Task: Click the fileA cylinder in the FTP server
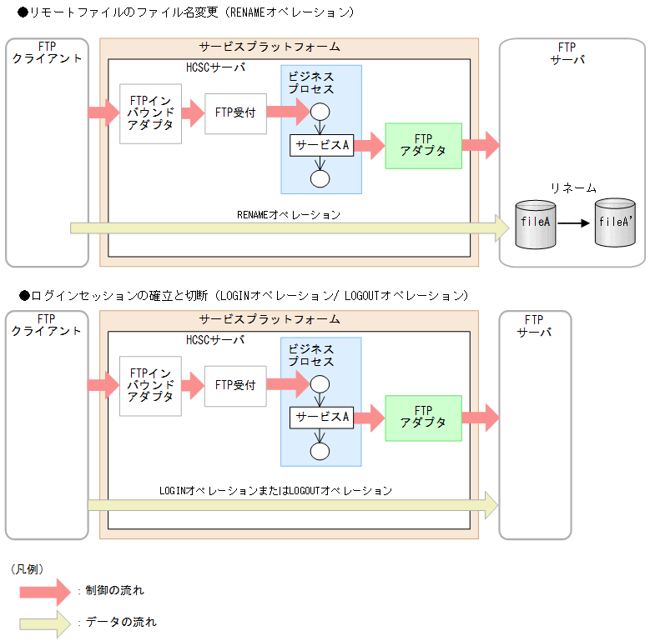pos(536,223)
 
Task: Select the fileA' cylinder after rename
pos(615,223)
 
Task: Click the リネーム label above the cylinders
pos(572,188)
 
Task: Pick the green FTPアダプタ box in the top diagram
pos(423,146)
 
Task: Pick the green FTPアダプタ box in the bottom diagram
pos(423,418)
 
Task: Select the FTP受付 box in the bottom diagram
pos(235,386)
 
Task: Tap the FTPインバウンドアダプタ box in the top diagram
pos(150,113)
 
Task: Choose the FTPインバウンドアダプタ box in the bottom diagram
pos(150,385)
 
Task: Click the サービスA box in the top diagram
pos(321,145)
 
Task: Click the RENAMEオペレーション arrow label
pos(289,215)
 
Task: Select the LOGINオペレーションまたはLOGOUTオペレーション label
pos(275,491)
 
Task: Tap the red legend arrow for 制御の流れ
pos(45,591)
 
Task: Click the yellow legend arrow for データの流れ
pos(45,623)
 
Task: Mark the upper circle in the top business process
pos(320,112)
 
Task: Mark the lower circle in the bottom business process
pos(320,451)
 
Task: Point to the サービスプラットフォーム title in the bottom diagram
pos(270,319)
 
